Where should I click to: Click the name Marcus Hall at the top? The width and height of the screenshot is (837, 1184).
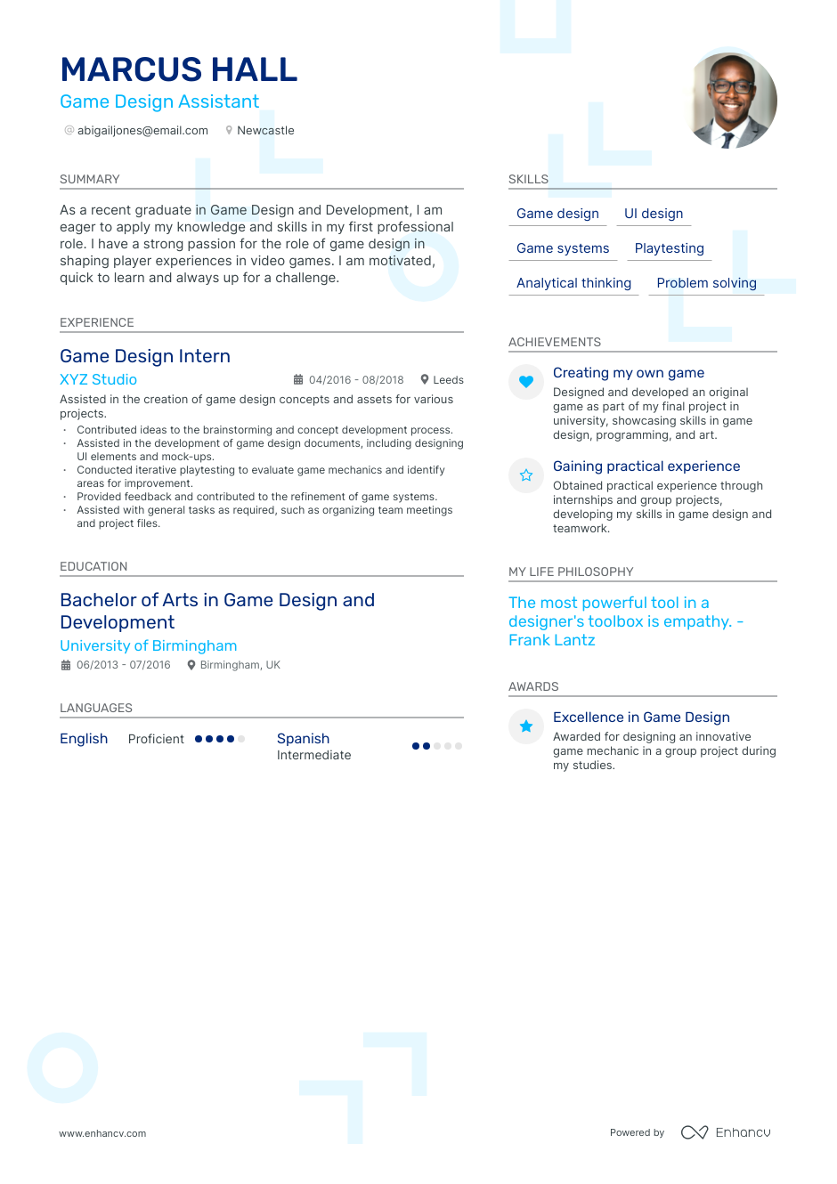[x=178, y=69]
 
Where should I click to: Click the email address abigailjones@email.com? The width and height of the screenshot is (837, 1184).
[x=142, y=131]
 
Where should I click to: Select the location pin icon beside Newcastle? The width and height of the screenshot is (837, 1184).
[x=229, y=131]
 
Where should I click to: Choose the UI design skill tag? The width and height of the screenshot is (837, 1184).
[x=654, y=214]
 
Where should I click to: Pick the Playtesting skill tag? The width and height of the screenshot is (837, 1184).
[x=669, y=248]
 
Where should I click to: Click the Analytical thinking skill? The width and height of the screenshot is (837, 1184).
[x=573, y=283]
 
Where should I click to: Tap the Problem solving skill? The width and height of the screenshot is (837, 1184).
[x=706, y=283]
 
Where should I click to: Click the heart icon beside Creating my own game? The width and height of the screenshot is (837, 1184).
[x=526, y=382]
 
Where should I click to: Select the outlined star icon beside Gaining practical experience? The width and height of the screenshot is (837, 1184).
[x=526, y=475]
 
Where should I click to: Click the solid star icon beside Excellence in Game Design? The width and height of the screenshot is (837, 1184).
[x=526, y=726]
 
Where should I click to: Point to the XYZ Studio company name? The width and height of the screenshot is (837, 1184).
[x=98, y=379]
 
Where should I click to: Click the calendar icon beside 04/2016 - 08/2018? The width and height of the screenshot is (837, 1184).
[x=298, y=380]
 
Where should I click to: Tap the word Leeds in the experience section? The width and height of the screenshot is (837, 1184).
[x=448, y=380]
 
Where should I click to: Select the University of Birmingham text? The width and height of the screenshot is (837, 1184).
[x=148, y=645]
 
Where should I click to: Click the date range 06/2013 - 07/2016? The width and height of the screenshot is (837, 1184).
[x=123, y=665]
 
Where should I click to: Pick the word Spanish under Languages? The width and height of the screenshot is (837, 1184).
[x=303, y=739]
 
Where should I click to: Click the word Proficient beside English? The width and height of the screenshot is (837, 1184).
[x=156, y=739]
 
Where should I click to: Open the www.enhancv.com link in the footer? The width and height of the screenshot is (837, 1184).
[x=102, y=1133]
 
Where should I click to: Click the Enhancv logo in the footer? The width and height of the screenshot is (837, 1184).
[x=726, y=1132]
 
